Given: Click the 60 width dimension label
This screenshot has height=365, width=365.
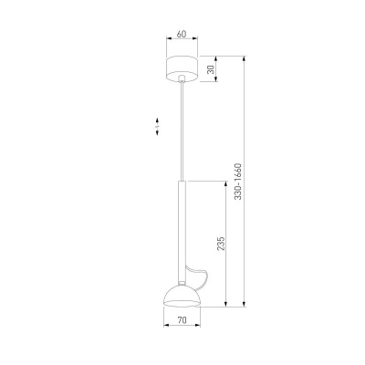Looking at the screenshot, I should click(x=182, y=35).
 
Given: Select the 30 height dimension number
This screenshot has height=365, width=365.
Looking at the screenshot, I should click(x=211, y=69).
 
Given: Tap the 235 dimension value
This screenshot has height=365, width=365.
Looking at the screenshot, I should click(x=222, y=245).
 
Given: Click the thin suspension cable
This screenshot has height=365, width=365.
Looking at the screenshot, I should click(x=182, y=128).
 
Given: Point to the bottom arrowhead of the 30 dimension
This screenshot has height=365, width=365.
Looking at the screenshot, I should click(x=217, y=80).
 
